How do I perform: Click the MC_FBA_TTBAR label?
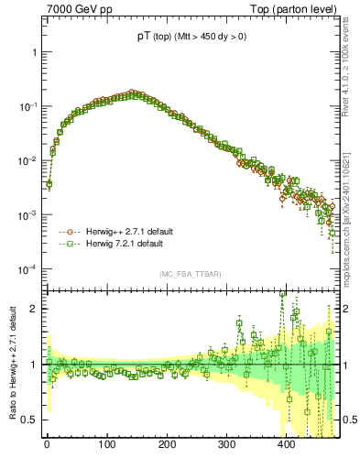tap(190, 275)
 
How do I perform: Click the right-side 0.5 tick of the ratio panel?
tap(349, 420)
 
